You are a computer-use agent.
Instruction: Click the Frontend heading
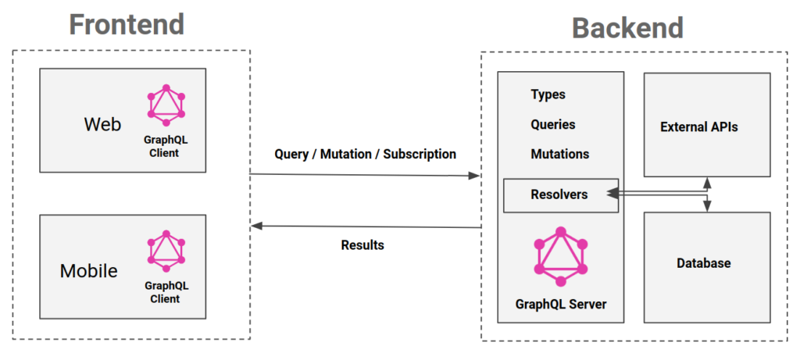pyautogui.click(x=127, y=24)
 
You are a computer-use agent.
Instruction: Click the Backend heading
pyautogui.click(x=627, y=27)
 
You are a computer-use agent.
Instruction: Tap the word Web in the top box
pyautogui.click(x=102, y=124)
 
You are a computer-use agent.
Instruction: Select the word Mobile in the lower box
pyautogui.click(x=89, y=271)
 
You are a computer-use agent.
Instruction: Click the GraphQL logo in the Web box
pyautogui.click(x=165, y=105)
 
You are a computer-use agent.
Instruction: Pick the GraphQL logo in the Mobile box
pyautogui.click(x=165, y=251)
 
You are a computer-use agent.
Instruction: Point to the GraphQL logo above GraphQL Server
pyautogui.click(x=560, y=255)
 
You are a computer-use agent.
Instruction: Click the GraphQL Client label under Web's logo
pyautogui.click(x=164, y=147)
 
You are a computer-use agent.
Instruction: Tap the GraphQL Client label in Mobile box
pyautogui.click(x=164, y=293)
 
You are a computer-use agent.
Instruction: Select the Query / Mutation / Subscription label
pyautogui.click(x=365, y=154)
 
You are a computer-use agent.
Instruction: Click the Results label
pyautogui.click(x=362, y=245)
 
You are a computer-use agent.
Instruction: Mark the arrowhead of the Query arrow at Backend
pyautogui.click(x=474, y=176)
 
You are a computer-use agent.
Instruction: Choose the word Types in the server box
pyautogui.click(x=548, y=94)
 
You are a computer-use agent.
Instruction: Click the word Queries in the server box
pyautogui.click(x=553, y=124)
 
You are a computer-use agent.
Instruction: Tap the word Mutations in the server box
pyautogui.click(x=559, y=154)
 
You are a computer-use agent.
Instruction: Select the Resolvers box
pyautogui.click(x=559, y=194)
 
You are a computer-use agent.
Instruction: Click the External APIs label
pyautogui.click(x=698, y=126)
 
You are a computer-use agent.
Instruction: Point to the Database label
pyautogui.click(x=703, y=263)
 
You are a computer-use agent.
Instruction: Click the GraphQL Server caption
pyautogui.click(x=560, y=304)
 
